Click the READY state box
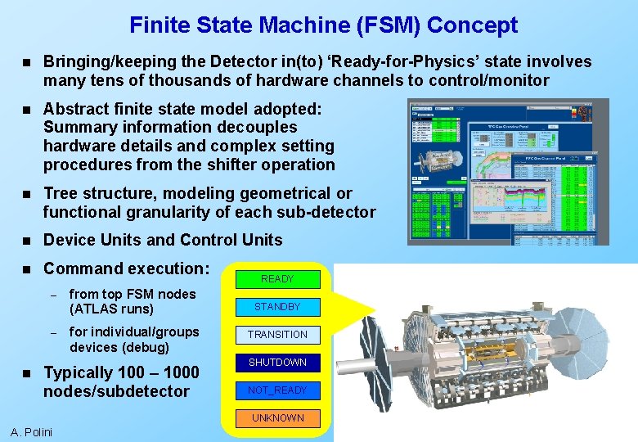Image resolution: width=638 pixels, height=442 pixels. tap(277, 279)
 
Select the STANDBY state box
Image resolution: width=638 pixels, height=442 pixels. tap(277, 307)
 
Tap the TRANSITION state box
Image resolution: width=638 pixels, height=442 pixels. tap(277, 335)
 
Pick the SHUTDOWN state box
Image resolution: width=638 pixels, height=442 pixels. tap(277, 363)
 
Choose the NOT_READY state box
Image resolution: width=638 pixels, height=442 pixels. tap(277, 390)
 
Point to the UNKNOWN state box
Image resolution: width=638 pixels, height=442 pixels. tap(277, 418)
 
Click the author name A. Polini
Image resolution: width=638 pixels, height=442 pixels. tap(31, 432)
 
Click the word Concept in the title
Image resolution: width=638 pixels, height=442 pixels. tap(472, 25)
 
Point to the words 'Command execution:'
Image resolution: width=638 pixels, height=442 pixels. tap(126, 268)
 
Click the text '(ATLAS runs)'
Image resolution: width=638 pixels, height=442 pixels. tap(111, 309)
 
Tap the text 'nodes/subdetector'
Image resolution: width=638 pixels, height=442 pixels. tap(116, 391)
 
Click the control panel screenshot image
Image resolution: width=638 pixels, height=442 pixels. tap(508, 172)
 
